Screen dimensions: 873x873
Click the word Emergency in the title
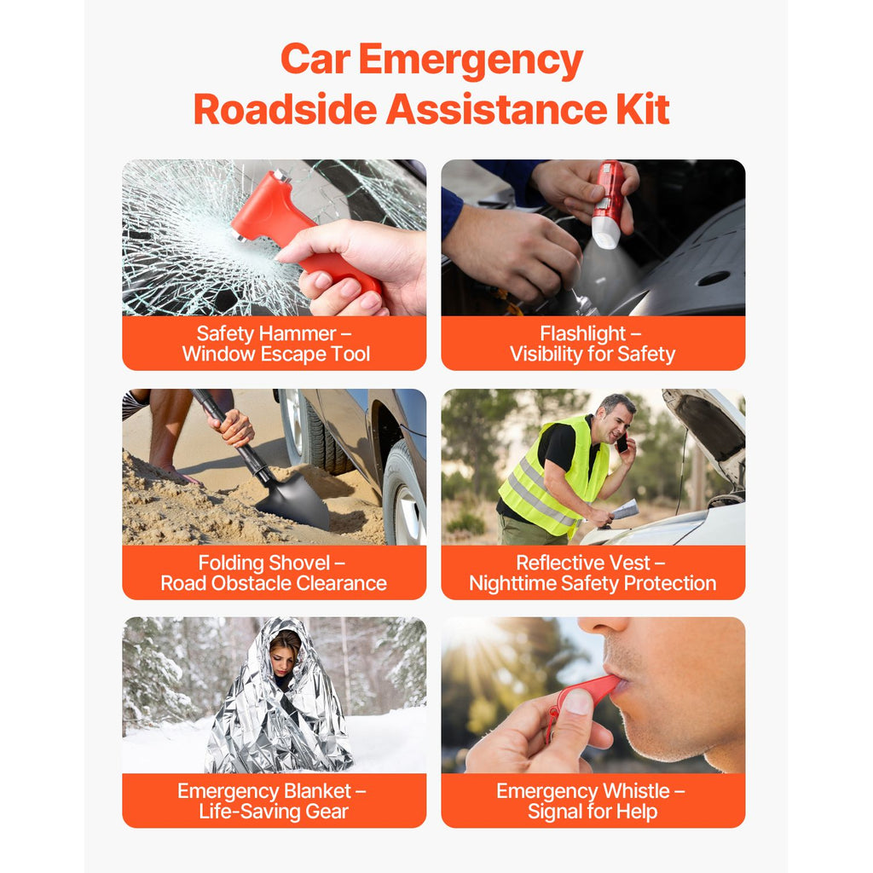pyautogui.click(x=471, y=61)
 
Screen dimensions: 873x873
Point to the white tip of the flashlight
pyautogui.click(x=605, y=234)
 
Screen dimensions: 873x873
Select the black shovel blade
pyautogui.click(x=294, y=498)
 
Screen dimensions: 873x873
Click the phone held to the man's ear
pyautogui.click(x=622, y=443)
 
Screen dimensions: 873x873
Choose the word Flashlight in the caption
pyautogui.click(x=583, y=333)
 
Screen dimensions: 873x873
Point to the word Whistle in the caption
pyautogui.click(x=636, y=790)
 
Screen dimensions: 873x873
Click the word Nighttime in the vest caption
pyautogui.click(x=512, y=583)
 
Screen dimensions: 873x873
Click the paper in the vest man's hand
pyautogui.click(x=625, y=509)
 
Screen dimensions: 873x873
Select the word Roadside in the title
pyautogui.click(x=285, y=109)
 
